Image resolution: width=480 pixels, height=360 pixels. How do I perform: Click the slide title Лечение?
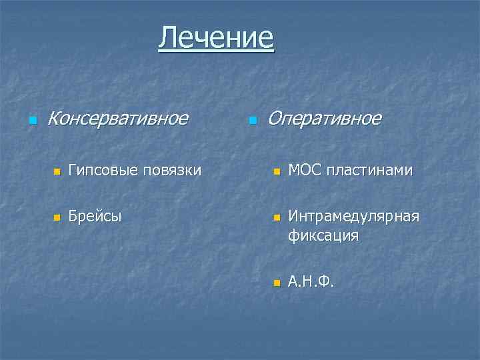(216, 37)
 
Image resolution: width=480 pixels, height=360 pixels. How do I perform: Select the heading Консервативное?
(118, 119)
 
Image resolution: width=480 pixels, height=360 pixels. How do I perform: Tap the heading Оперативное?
(324, 119)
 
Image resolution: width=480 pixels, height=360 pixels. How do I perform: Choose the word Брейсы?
(95, 216)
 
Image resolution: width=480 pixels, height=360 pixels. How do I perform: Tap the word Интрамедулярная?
(353, 216)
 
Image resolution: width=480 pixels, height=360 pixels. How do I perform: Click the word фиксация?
(323, 235)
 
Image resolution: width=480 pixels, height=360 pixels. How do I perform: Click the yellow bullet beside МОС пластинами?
(277, 173)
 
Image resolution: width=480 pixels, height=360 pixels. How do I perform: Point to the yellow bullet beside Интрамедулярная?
(277, 218)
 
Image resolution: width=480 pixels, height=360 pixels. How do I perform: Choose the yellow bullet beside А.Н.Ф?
(277, 283)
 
